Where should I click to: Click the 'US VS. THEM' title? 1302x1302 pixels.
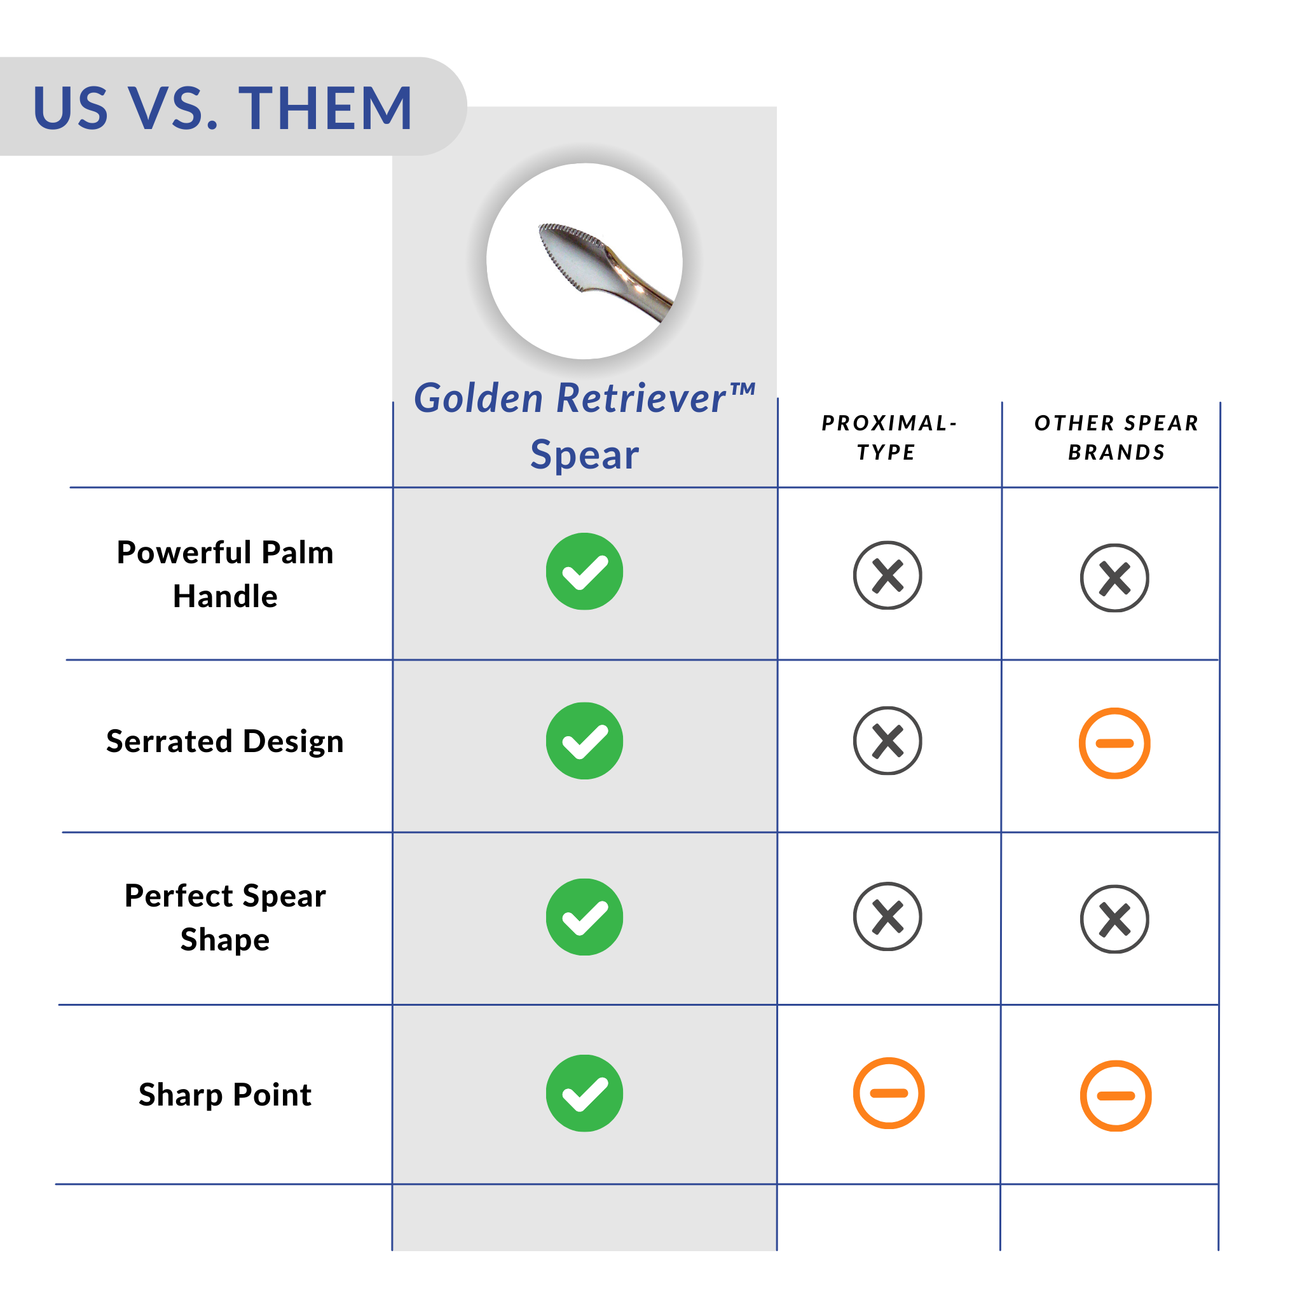point(223,108)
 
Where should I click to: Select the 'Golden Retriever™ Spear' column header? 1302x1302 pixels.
point(584,425)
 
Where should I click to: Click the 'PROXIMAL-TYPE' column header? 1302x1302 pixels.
point(889,437)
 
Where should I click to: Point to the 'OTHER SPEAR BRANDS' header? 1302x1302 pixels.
point(1116,437)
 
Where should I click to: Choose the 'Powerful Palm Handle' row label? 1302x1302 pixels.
point(225,574)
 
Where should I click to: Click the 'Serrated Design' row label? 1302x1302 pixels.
point(225,741)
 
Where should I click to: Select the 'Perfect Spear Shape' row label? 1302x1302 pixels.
point(225,917)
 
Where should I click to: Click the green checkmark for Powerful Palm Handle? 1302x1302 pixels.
point(584,572)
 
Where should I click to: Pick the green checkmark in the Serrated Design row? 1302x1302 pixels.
point(584,741)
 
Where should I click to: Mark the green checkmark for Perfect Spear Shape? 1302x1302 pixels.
point(584,917)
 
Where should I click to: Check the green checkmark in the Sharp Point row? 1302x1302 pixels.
point(584,1093)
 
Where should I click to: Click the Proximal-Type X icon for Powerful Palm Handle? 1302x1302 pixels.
point(887,575)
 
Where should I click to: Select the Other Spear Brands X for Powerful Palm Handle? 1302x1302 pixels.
point(1114,577)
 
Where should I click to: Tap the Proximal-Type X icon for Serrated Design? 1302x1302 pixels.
point(887,741)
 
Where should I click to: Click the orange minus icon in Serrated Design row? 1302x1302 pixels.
point(1114,743)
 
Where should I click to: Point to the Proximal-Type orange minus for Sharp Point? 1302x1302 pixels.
point(889,1093)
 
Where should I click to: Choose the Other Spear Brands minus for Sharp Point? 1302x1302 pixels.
point(1116,1096)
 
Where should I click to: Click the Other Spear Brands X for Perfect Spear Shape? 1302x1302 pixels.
point(1114,919)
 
